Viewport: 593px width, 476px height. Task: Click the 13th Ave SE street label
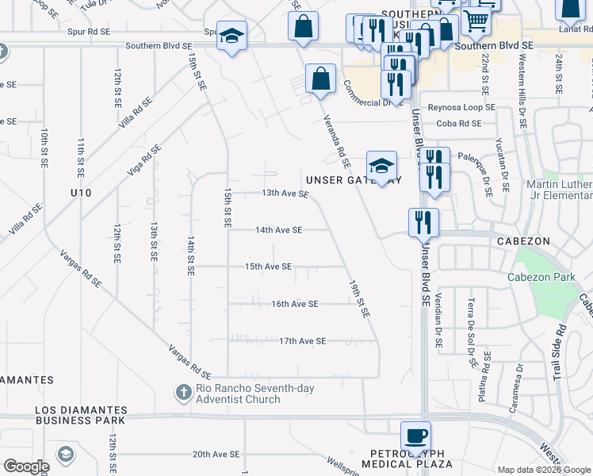point(285,193)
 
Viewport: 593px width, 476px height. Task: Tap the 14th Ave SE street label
point(278,230)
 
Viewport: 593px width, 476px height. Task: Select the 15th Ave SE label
point(268,267)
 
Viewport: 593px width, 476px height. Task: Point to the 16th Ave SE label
point(294,304)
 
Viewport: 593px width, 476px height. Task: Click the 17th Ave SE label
point(303,341)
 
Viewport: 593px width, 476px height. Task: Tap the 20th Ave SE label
point(216,455)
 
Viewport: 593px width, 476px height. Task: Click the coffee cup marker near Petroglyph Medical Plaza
point(415,436)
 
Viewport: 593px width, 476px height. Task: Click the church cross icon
point(183,392)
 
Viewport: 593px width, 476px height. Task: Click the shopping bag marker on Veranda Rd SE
point(319,79)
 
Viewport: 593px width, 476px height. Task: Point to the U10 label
point(81,193)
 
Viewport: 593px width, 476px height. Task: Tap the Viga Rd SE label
point(144,160)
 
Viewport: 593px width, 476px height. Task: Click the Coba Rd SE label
point(459,123)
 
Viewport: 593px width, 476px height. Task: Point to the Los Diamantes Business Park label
point(81,416)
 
